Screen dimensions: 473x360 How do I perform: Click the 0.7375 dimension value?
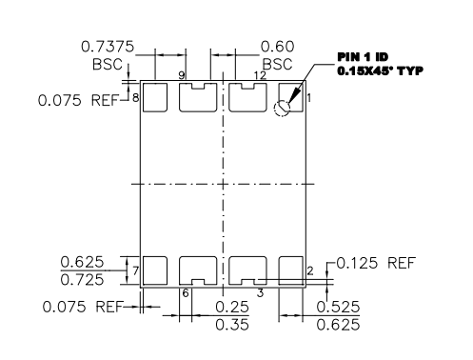click(x=108, y=47)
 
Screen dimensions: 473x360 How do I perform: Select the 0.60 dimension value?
click(x=277, y=47)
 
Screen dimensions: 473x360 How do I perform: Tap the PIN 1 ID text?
click(x=363, y=57)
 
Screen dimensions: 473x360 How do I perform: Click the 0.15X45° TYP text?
click(x=380, y=70)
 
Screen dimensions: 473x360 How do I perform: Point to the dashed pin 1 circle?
click(x=282, y=109)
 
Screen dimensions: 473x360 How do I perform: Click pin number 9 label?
click(x=182, y=75)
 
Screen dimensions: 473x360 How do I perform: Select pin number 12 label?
click(x=260, y=75)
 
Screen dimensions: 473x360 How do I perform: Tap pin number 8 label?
click(x=135, y=98)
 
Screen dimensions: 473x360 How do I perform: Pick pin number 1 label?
click(x=309, y=98)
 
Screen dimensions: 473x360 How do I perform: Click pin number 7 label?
click(x=135, y=271)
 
